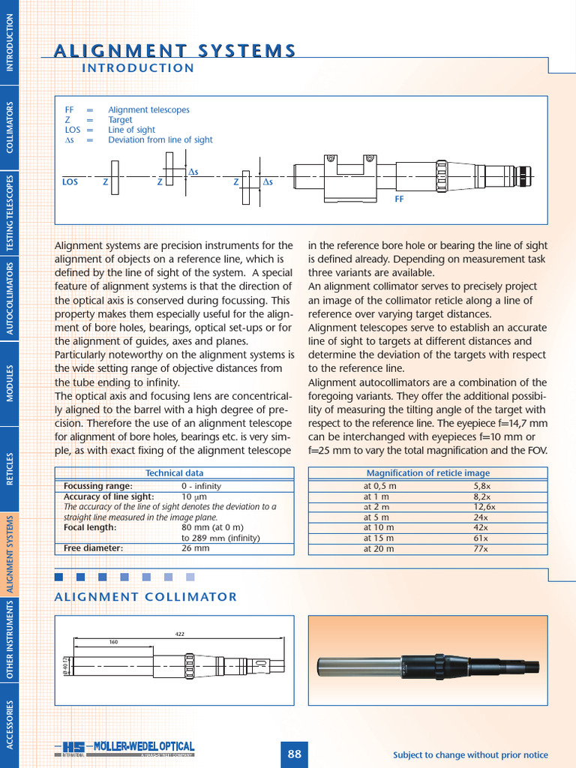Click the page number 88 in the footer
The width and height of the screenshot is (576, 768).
point(294,754)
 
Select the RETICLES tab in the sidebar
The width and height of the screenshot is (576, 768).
point(10,469)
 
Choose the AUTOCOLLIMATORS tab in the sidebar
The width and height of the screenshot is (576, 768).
point(10,298)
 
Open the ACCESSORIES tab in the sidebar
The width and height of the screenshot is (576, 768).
point(10,724)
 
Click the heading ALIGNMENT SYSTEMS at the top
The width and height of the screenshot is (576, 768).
point(175,50)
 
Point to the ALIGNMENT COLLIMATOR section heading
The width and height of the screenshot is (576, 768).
point(146,597)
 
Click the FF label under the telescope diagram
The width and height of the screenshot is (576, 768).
point(399,200)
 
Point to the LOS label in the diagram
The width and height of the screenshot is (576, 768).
point(70,181)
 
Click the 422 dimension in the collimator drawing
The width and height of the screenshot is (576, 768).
point(180,634)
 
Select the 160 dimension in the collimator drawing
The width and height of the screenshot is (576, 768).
point(114,642)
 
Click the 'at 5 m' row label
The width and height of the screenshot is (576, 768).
point(376,517)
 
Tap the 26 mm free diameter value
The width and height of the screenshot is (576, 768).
point(196,548)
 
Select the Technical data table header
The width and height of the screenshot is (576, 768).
point(174,473)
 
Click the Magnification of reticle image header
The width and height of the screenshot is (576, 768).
point(427,473)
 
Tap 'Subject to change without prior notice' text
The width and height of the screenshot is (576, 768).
point(470,754)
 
